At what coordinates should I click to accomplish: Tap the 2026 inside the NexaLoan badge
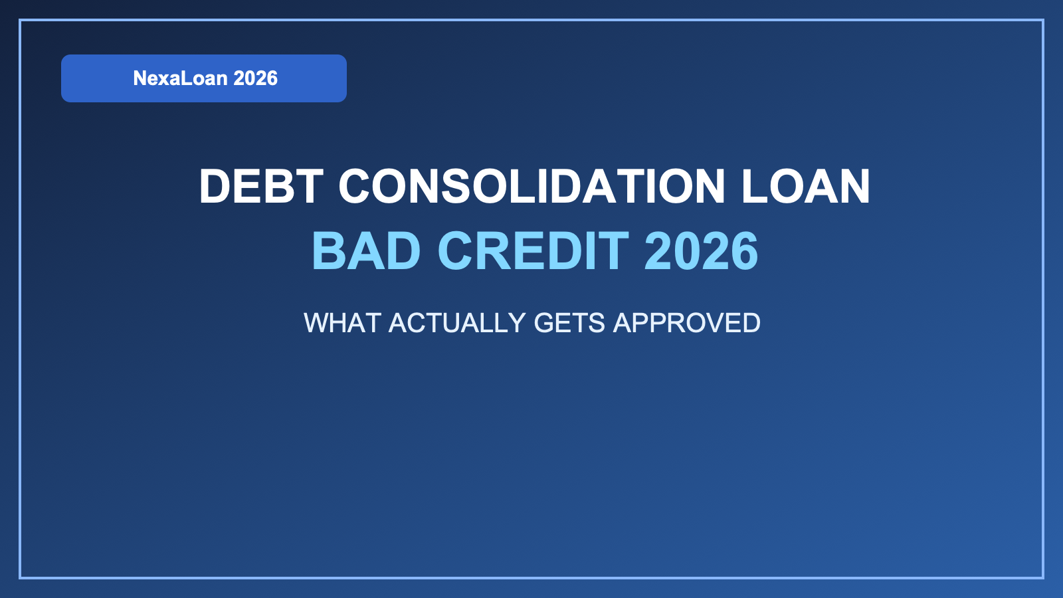click(256, 78)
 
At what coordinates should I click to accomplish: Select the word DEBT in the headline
click(261, 186)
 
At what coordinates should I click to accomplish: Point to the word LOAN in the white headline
click(805, 186)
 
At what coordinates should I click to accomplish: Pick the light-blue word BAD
click(366, 251)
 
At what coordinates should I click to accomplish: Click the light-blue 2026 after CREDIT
click(701, 251)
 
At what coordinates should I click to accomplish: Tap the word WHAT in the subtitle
click(342, 323)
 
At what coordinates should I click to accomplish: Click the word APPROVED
click(686, 323)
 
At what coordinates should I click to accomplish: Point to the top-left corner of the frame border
click(21, 21)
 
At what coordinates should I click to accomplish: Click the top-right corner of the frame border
click(1042, 21)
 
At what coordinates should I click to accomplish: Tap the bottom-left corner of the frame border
click(21, 577)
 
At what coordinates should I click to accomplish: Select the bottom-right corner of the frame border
click(1042, 577)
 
